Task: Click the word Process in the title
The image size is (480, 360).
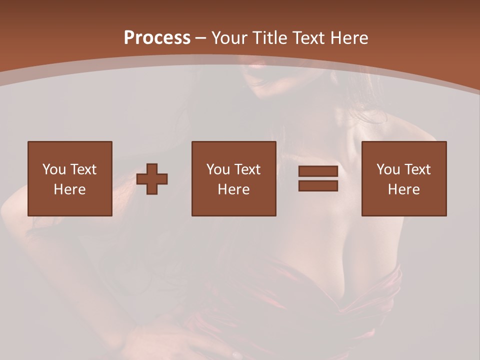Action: point(157,38)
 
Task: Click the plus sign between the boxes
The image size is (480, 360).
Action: point(152,179)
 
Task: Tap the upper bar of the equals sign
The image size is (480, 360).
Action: point(318,171)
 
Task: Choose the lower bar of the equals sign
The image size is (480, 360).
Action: point(318,186)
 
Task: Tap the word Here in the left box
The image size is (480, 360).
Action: point(70,189)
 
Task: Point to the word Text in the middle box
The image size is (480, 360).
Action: point(247,169)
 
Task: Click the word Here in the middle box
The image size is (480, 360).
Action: point(234,189)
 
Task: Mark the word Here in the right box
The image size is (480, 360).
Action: point(404,189)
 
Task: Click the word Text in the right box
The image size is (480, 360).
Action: point(417,169)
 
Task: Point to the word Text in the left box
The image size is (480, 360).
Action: point(83,169)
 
